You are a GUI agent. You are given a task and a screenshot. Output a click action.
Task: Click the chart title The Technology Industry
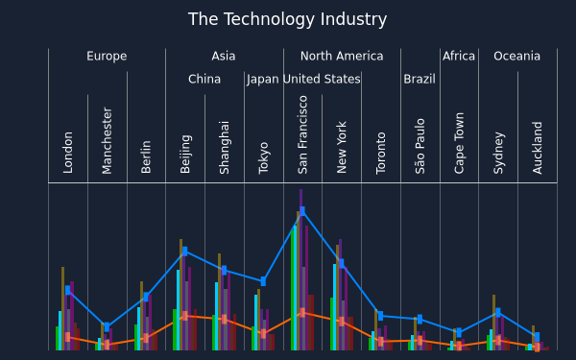point(287,19)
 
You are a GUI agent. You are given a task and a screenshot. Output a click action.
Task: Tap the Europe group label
point(107,57)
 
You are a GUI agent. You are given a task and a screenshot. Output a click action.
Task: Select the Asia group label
point(224,57)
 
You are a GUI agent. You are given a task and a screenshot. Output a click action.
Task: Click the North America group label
point(342,57)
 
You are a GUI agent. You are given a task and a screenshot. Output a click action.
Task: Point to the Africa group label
point(459,57)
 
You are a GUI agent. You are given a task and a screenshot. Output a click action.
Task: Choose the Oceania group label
point(516,57)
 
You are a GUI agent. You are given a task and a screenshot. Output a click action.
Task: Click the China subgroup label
point(204,79)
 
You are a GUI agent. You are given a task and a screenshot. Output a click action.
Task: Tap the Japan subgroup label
point(263,80)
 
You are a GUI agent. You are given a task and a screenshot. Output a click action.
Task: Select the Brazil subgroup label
point(420,79)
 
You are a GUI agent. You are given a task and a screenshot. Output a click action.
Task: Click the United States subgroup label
point(322,79)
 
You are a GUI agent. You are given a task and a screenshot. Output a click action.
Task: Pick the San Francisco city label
point(302,134)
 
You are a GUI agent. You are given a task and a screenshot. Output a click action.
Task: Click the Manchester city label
point(107,140)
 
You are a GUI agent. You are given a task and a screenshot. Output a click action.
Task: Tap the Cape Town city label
point(459,143)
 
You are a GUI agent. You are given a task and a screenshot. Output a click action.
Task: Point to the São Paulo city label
point(420,146)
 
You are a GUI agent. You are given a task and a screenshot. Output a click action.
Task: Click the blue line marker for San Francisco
point(302,211)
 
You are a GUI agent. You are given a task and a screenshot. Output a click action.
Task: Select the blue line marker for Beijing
point(184,252)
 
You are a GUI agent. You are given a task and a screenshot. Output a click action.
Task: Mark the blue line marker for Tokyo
point(263,281)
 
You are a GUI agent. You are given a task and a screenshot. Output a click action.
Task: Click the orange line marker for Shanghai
point(224,319)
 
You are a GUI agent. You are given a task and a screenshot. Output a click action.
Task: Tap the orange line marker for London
point(67,337)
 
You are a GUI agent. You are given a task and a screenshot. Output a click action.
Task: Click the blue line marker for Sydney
point(497,312)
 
